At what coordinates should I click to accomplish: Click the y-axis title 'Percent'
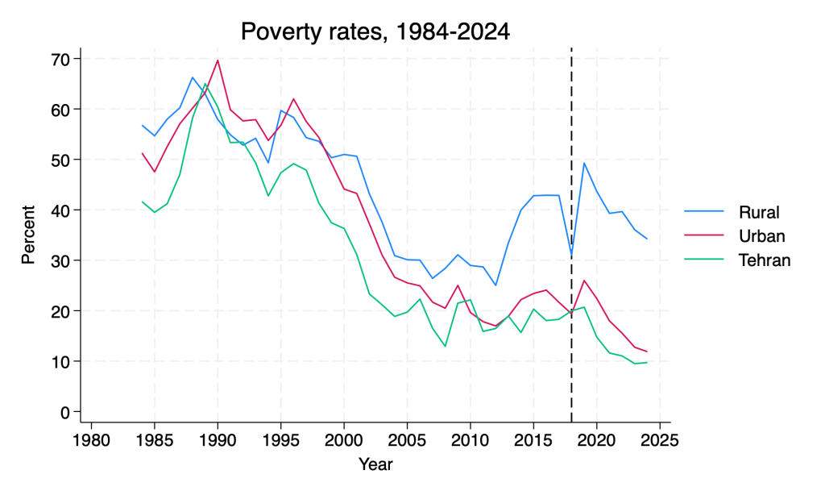(28, 235)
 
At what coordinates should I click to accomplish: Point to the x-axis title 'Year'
(375, 464)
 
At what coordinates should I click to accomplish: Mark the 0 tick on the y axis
(64, 412)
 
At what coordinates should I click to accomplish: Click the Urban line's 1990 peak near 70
(218, 60)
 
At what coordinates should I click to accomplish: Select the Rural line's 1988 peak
(193, 77)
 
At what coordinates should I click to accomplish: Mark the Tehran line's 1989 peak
(205, 84)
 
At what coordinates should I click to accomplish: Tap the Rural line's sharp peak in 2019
(584, 163)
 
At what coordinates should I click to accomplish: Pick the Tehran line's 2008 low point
(445, 346)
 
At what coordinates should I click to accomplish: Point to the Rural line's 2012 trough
(495, 285)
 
